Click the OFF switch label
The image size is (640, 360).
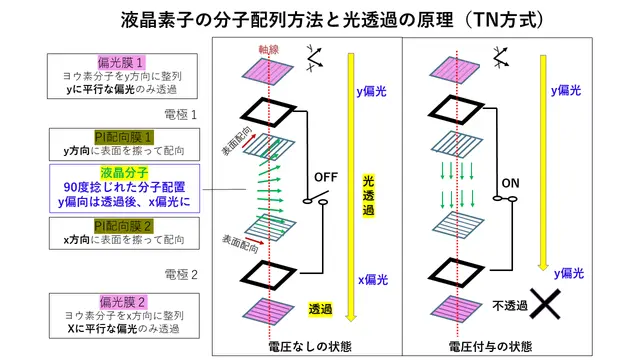coord(326,178)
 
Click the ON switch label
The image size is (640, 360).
coord(510,183)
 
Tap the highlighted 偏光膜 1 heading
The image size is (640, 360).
coord(121,63)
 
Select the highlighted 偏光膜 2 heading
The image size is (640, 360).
coord(122,302)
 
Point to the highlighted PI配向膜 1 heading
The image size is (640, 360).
coord(124,138)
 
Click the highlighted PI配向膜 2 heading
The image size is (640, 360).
coord(124,226)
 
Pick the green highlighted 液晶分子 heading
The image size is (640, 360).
coord(124,173)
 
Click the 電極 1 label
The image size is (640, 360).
coord(181,115)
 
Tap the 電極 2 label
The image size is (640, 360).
coord(181,275)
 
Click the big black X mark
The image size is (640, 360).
coord(545,304)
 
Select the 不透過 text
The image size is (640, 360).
coord(510,306)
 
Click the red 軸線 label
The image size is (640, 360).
coord(269,50)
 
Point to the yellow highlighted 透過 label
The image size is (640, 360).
coord(320,309)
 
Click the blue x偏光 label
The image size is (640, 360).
coord(373,280)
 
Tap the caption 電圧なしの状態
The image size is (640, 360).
coord(310,347)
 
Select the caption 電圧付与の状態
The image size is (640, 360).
coord(491,347)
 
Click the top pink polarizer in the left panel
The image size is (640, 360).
coord(268,71)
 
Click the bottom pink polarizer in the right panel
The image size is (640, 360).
coord(457,309)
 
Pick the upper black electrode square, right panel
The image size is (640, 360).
coord(456,110)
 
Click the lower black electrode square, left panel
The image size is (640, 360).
coord(268,275)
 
